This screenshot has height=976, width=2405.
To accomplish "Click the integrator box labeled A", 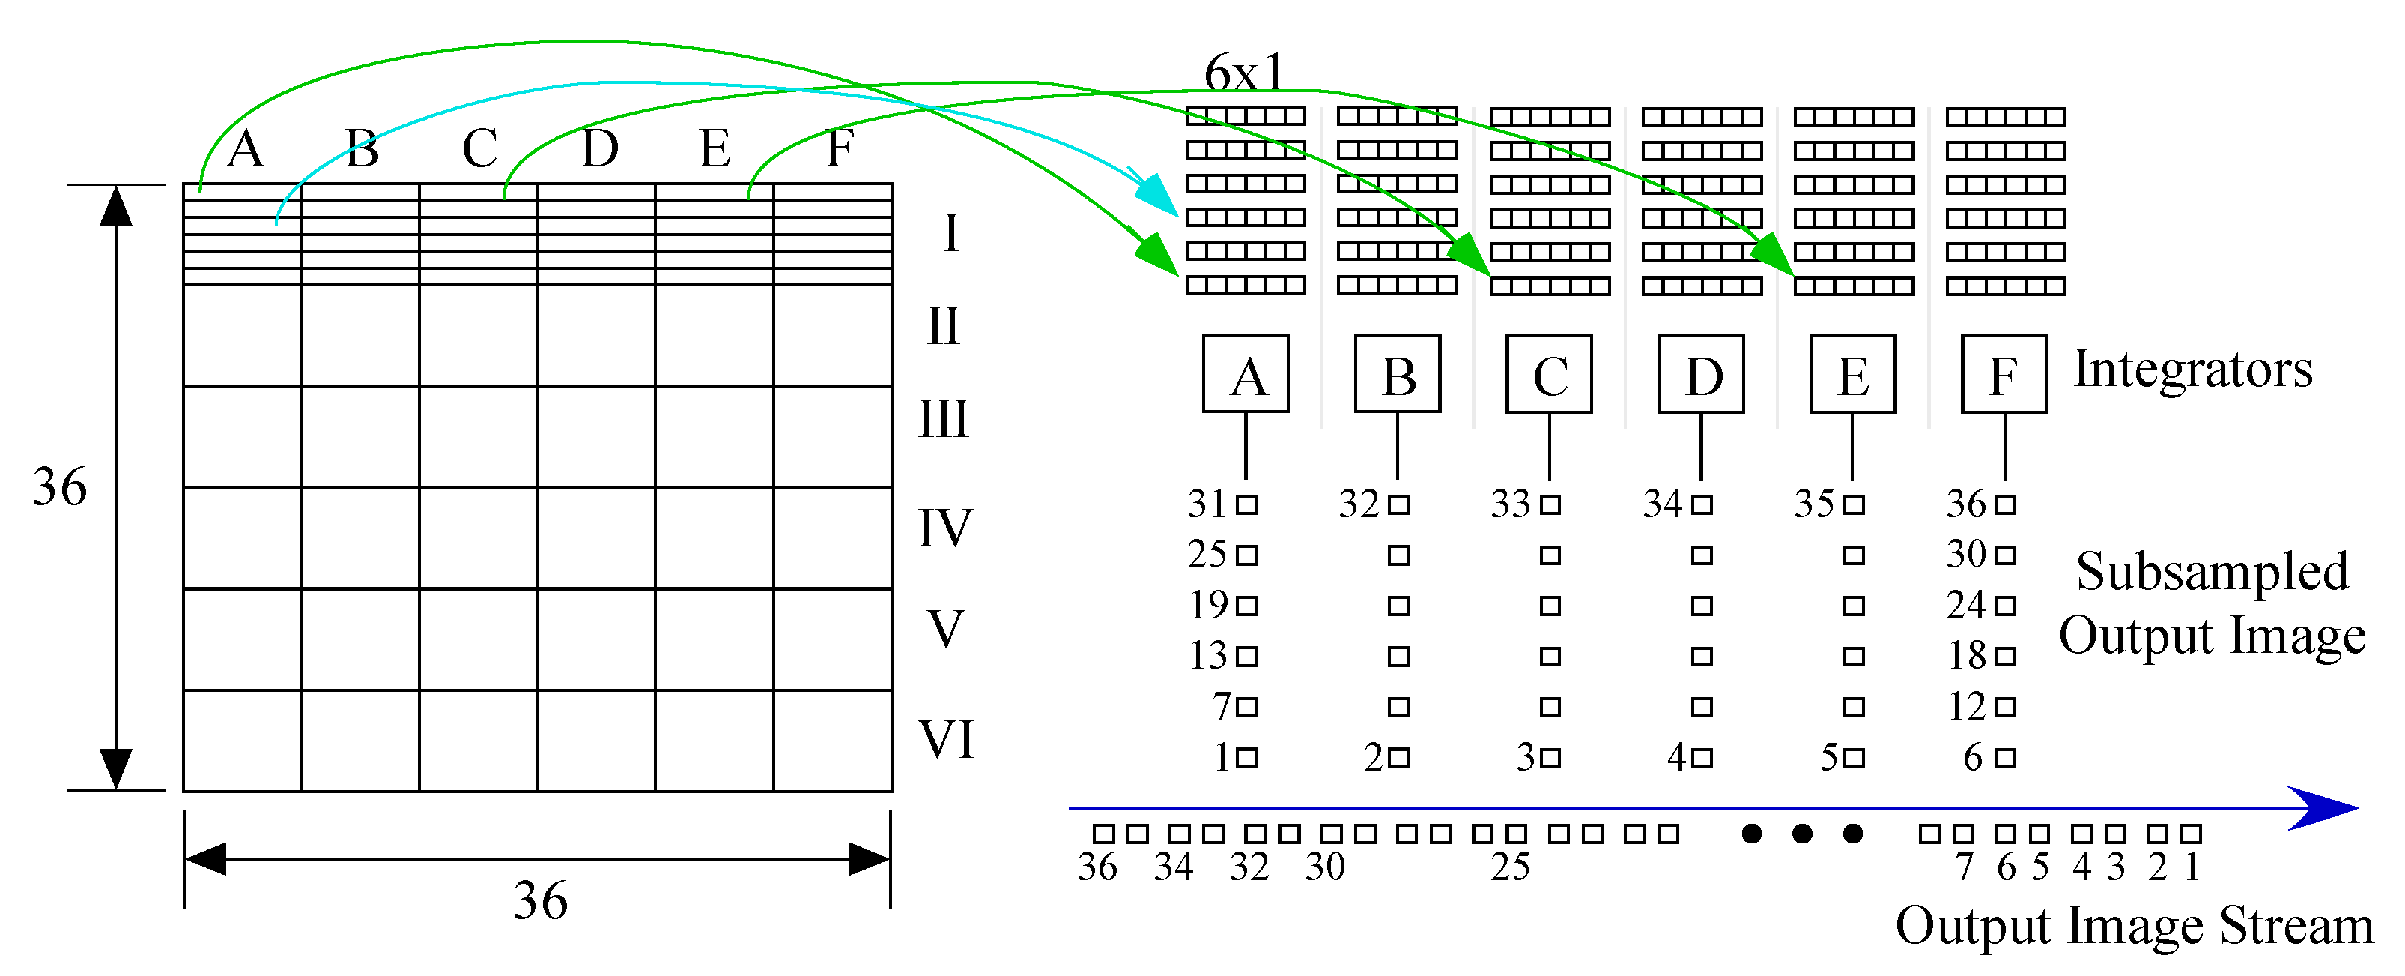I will [x=1246, y=373].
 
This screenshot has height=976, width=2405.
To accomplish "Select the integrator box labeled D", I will [x=1701, y=373].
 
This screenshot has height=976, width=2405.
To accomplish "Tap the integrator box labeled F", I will [x=2004, y=373].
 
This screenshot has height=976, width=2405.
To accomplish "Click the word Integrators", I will [x=2193, y=370].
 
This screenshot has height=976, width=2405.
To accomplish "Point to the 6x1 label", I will [x=1243, y=73].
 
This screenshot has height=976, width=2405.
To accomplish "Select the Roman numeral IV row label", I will [x=944, y=528].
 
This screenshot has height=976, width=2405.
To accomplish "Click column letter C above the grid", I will [x=480, y=149].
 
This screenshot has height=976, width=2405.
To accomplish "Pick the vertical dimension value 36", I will [x=60, y=487].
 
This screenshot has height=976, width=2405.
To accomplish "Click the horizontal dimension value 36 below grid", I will [x=539, y=901].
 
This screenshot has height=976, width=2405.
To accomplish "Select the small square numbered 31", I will [x=1247, y=505].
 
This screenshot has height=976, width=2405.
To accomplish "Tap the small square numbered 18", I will [x=2005, y=657].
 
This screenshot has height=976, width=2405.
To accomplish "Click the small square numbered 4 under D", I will [x=1702, y=757].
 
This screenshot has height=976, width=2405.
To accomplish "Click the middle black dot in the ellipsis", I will [x=1802, y=833].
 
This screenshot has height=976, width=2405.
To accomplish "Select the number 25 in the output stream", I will [x=1510, y=867].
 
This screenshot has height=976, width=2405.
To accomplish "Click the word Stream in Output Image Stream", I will [x=2296, y=927].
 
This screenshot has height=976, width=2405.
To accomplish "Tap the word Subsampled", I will [x=2212, y=572].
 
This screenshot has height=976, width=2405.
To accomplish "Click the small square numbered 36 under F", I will [x=2005, y=505].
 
